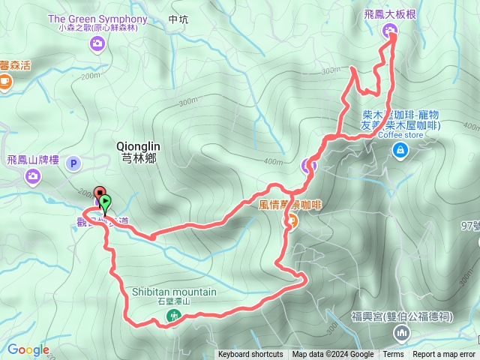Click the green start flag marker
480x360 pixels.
[x=105, y=202]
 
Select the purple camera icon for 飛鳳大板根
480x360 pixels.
[x=389, y=31]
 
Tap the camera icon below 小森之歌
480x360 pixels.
[x=97, y=44]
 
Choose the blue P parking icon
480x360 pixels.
[x=73, y=163]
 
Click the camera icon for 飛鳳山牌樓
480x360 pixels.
[x=32, y=176]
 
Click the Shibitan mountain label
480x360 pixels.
[x=174, y=292]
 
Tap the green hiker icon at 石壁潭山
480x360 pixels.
[x=174, y=316]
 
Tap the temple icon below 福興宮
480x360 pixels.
[x=403, y=332]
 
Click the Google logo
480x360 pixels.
[x=28, y=349]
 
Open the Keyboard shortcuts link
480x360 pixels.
[x=250, y=355]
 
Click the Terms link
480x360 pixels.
[x=393, y=355]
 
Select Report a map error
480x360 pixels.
[x=444, y=355]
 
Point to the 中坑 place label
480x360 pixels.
[x=178, y=20]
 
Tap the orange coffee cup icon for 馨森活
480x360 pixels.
[x=5, y=80]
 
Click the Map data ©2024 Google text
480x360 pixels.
[x=333, y=355]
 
